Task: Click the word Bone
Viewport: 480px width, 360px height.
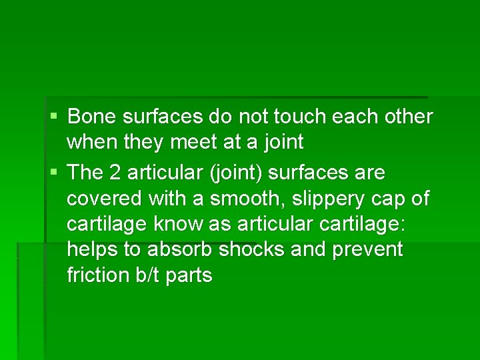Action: [x=89, y=117]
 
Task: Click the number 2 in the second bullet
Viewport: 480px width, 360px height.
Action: [x=114, y=173]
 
